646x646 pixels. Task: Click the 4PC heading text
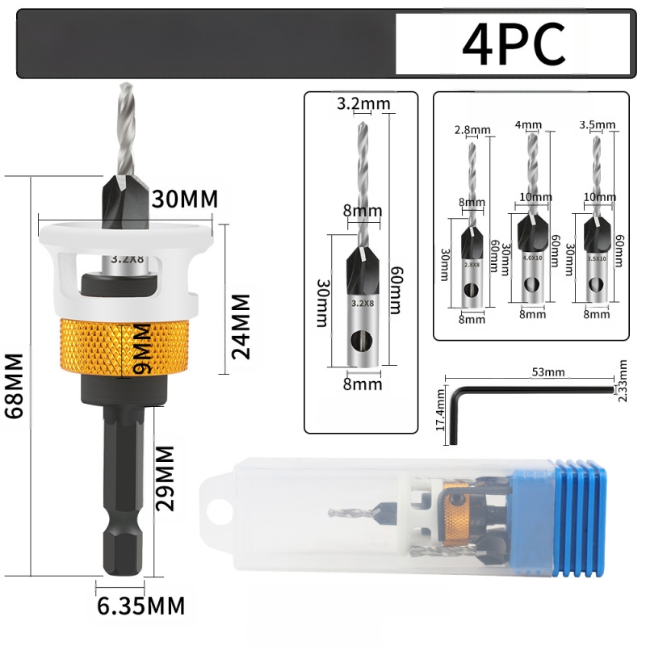pyautogui.click(x=514, y=45)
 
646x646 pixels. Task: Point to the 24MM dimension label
pyautogui.click(x=241, y=325)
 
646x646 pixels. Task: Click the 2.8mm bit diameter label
pyautogui.click(x=472, y=130)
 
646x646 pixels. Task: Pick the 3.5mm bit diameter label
pyautogui.click(x=598, y=125)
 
